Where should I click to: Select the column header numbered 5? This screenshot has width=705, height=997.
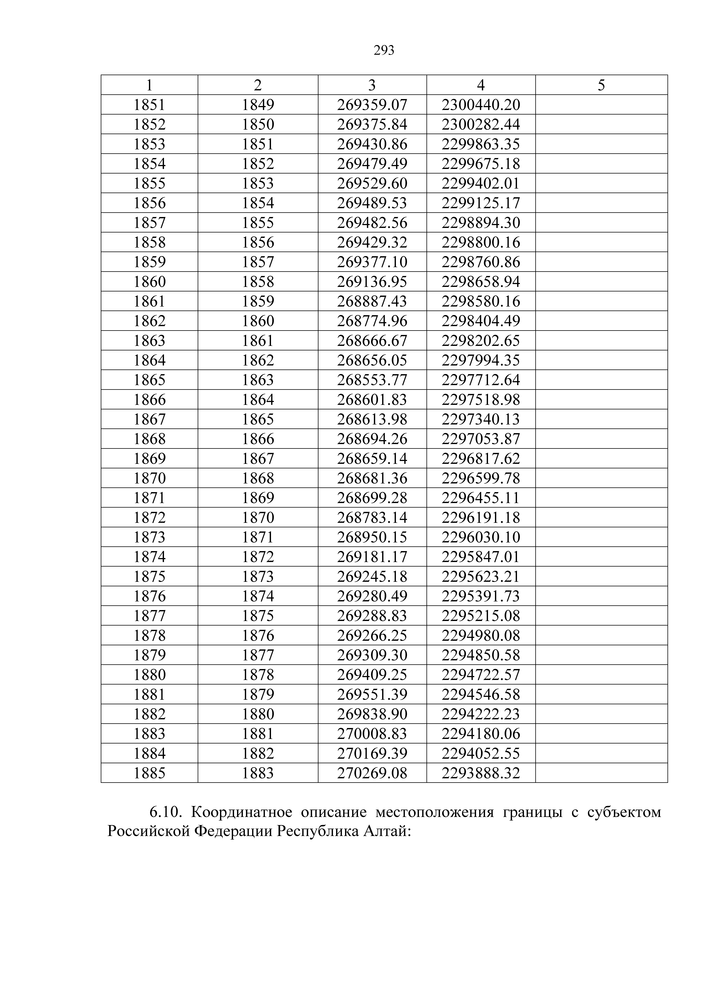pyautogui.click(x=601, y=85)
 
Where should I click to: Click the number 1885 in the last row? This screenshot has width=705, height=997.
pyautogui.click(x=149, y=773)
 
